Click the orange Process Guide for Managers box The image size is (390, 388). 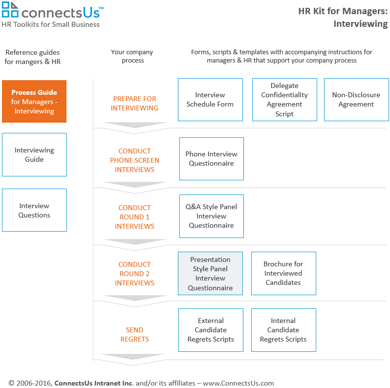click(34, 102)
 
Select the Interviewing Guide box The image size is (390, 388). click(34, 155)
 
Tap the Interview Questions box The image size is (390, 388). click(34, 210)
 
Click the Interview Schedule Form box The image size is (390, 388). click(210, 100)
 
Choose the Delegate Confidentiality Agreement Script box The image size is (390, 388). click(284, 100)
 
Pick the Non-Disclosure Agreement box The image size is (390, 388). click(356, 100)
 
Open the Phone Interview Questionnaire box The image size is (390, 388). click(211, 159)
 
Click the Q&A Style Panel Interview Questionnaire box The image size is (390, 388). click(211, 216)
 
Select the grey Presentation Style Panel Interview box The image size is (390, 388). click(210, 274)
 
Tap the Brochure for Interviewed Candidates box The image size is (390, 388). click(283, 273)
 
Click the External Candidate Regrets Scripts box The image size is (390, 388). click(211, 330)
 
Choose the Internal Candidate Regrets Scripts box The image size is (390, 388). click(283, 330)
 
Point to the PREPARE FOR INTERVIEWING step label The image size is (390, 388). click(134, 103)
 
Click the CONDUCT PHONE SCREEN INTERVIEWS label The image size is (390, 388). click(134, 160)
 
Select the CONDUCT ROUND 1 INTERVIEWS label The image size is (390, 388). click(134, 217)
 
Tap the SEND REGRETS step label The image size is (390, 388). click(134, 334)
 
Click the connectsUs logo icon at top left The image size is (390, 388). click(10, 10)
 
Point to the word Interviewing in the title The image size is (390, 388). click(361, 24)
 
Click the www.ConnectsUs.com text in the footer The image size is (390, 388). click(238, 383)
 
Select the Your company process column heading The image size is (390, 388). click(132, 56)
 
